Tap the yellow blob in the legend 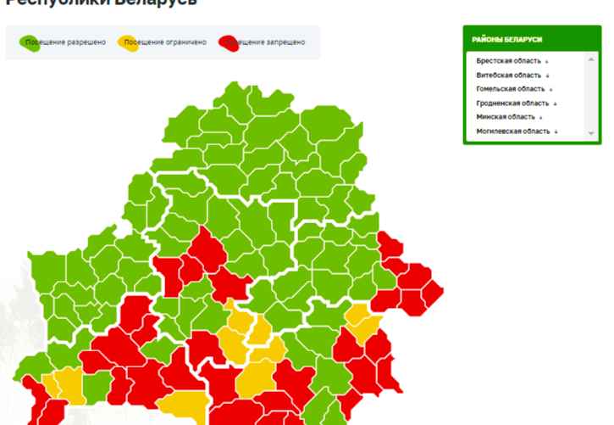(x=126, y=42)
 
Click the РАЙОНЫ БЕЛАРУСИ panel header (x=507, y=40)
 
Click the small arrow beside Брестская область (x=546, y=62)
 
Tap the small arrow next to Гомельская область (x=550, y=90)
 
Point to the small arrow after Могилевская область (x=556, y=131)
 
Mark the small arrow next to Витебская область (x=547, y=76)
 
